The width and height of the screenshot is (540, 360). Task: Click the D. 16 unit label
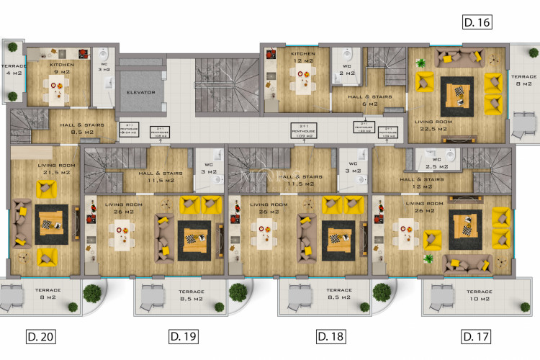point(477,23)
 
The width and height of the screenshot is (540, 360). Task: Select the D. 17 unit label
point(476,336)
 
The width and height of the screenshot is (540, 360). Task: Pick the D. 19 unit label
point(184,336)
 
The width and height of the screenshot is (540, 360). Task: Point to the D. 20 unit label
point(40,336)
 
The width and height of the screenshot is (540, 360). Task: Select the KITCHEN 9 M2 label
point(62,68)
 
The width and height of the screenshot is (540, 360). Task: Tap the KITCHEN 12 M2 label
point(303,57)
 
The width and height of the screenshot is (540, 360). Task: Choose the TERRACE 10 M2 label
point(478,294)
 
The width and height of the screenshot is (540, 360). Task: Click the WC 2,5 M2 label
point(437,163)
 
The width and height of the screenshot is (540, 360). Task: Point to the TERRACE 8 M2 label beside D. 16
point(523,79)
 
